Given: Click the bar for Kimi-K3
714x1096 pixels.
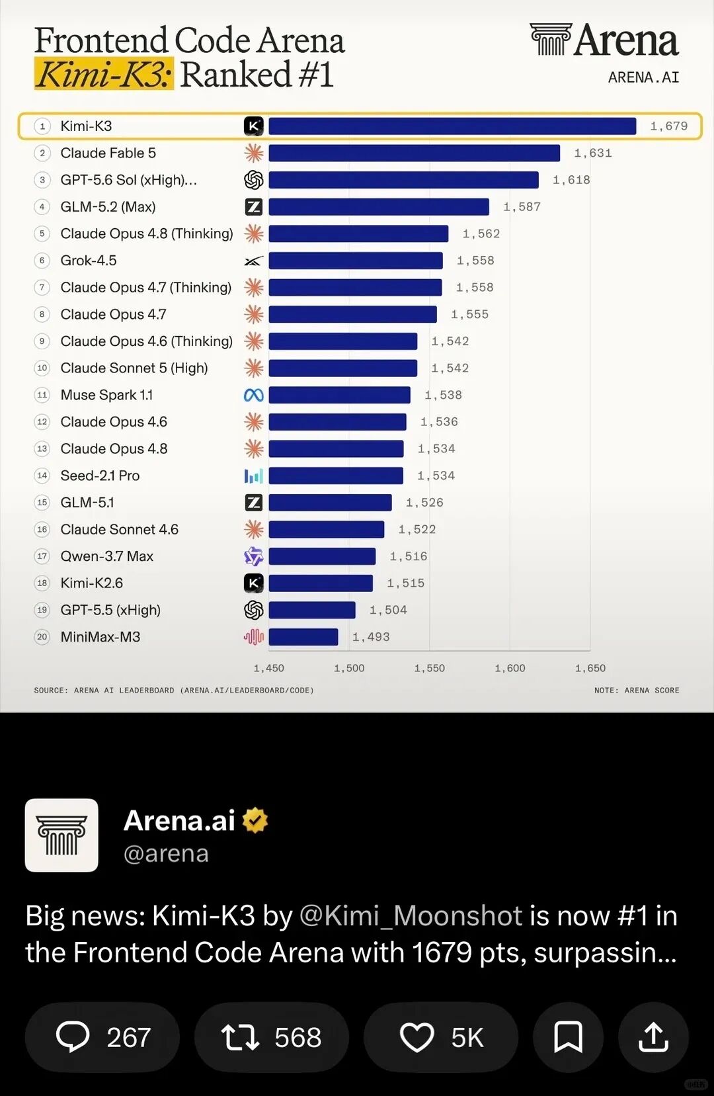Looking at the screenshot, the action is [x=452, y=126].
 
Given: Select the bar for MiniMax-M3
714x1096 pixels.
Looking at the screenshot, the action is [x=303, y=637].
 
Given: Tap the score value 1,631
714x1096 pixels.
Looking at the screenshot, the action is [x=593, y=153].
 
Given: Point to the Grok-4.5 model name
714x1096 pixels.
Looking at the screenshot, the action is [x=89, y=261].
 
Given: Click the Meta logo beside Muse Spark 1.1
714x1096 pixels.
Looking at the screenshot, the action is [x=253, y=395].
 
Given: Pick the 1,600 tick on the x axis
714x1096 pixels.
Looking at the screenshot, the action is [x=510, y=668].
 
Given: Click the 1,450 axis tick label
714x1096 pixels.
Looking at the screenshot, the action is [x=268, y=668].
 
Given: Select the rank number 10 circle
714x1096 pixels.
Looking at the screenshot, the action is [x=42, y=368].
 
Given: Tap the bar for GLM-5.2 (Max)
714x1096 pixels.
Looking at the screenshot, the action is [x=379, y=207].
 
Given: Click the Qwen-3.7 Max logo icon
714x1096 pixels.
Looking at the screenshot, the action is [x=253, y=556].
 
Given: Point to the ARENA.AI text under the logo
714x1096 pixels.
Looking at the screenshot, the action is [x=643, y=77].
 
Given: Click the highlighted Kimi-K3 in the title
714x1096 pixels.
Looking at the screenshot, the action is [x=104, y=74].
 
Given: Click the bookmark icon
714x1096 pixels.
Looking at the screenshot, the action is [x=568, y=1036].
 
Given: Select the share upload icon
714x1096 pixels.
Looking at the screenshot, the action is [x=653, y=1036].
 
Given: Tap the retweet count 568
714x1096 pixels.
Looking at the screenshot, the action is [x=297, y=1037].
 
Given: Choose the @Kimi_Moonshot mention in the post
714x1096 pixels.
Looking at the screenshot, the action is [x=411, y=916].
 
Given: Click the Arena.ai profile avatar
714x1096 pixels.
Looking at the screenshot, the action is [x=61, y=835].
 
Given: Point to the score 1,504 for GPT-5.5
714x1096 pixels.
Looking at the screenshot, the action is [x=388, y=610].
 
